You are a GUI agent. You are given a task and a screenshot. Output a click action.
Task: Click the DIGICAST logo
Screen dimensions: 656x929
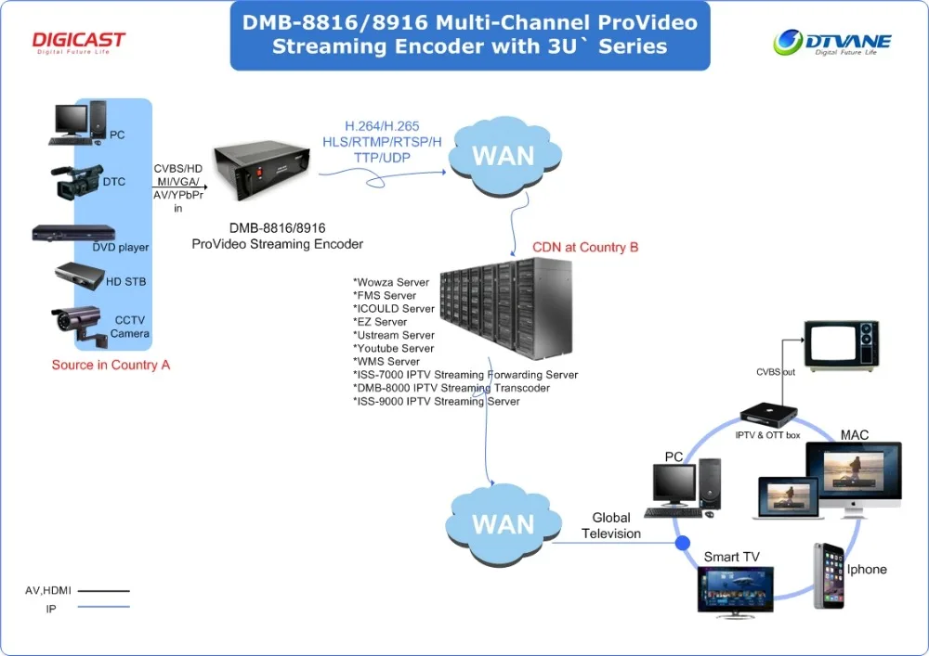coord(79,42)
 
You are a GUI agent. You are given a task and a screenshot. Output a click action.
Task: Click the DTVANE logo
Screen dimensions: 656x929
coord(832,42)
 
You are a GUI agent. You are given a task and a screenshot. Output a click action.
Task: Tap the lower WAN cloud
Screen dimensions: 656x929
coord(503,523)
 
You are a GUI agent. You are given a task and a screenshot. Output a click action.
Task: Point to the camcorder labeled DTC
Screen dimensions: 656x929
coord(76,181)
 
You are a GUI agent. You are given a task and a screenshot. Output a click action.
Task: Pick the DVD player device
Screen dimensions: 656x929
coord(73,234)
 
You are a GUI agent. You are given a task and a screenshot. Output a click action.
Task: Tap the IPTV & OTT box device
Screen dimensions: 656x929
coord(767,418)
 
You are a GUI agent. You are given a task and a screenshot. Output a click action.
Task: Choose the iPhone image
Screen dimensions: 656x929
coord(829,575)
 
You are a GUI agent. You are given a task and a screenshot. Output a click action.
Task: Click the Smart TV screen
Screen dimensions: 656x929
coord(735,588)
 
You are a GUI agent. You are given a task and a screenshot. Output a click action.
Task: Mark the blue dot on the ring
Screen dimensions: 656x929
coord(683,543)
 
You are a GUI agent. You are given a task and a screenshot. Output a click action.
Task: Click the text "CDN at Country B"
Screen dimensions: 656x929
coord(585,248)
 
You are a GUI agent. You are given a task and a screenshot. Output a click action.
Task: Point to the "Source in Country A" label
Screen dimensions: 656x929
coord(111,365)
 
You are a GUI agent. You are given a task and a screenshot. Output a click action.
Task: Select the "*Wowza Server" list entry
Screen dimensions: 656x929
coord(391,282)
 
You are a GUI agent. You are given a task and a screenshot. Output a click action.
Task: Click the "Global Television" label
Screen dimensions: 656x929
coord(611,525)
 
